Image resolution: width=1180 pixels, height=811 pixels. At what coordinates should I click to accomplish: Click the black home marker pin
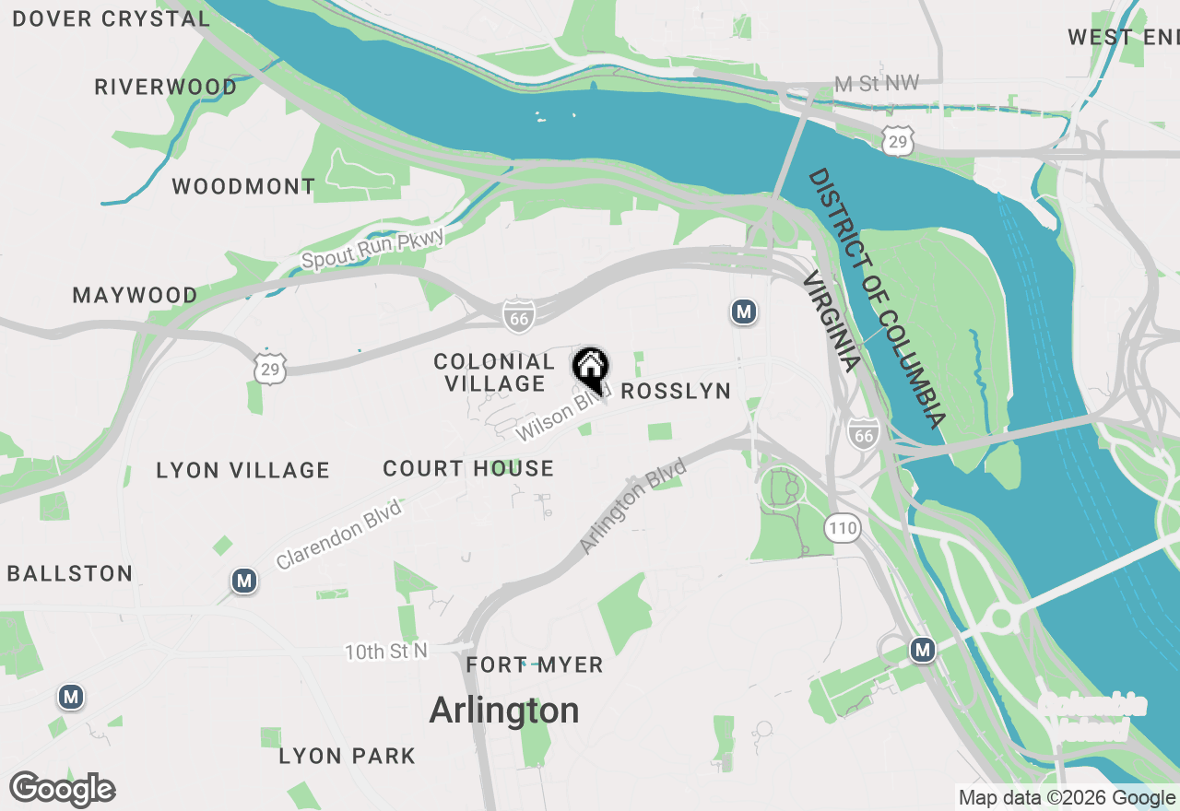point(591,368)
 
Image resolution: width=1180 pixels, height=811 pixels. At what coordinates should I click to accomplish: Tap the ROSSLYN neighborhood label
point(676,392)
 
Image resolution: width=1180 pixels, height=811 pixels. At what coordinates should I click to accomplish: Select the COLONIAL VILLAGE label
point(494,372)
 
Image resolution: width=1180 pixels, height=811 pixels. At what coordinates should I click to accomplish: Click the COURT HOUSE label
point(468,469)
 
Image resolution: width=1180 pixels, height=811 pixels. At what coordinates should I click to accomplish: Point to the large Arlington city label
point(504,711)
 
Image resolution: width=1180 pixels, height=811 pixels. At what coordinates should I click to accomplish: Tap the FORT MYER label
point(535,665)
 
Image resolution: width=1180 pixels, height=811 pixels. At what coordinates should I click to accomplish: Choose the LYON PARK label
point(347,757)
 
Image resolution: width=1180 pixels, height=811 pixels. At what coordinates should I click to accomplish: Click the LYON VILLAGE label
point(243,471)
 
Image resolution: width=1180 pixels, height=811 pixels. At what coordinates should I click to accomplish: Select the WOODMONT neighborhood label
point(243,187)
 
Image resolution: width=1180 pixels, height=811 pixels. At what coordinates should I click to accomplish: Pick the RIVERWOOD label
point(166,88)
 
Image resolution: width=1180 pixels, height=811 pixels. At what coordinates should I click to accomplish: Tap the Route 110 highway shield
point(843,529)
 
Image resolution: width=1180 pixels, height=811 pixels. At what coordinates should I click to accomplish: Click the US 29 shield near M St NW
point(897,141)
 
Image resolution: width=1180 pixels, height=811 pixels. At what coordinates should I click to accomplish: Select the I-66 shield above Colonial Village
point(519,316)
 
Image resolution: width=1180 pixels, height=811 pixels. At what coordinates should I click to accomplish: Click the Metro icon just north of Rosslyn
point(744,312)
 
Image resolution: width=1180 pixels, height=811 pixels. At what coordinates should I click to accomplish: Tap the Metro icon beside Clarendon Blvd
point(244,582)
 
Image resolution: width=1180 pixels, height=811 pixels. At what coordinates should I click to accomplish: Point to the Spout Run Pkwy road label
point(373,250)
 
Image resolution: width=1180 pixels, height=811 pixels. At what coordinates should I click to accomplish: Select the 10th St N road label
point(386,652)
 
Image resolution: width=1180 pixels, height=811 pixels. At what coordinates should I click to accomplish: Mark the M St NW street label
point(876,84)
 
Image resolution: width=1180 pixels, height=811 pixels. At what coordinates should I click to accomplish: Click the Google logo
point(63,790)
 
